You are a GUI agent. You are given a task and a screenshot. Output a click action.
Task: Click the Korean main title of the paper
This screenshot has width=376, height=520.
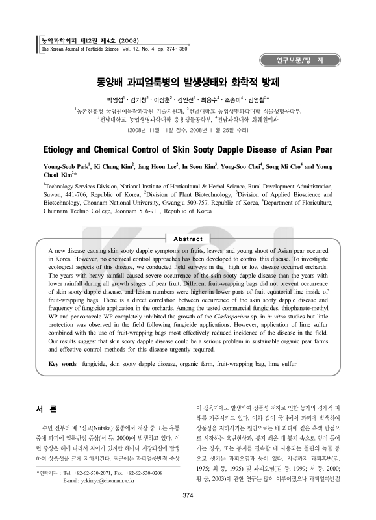click(188, 83)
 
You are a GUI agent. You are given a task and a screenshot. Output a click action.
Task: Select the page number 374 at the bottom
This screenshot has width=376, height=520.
click(188, 496)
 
